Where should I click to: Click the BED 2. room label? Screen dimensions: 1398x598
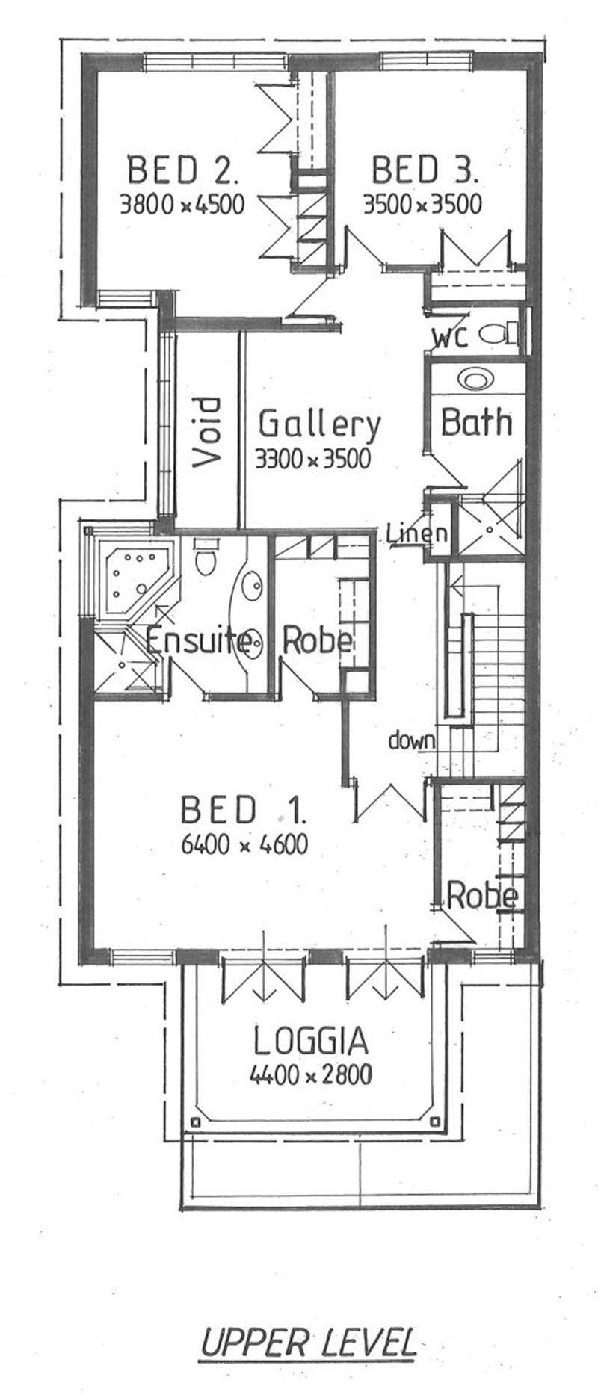click(x=183, y=170)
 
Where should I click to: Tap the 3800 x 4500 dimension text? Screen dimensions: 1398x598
click(x=182, y=204)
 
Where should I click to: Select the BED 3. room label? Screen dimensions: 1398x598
click(x=424, y=170)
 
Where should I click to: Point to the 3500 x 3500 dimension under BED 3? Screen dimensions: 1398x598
click(x=423, y=204)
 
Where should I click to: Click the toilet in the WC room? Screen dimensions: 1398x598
click(x=497, y=333)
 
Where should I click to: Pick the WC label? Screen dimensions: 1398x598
click(x=450, y=337)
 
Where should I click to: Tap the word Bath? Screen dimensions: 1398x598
click(x=476, y=422)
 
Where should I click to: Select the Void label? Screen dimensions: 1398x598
click(x=207, y=433)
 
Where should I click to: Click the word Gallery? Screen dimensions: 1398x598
click(x=319, y=424)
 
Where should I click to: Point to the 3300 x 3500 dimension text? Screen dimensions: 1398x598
click(x=312, y=458)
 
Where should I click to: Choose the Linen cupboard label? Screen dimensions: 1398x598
click(x=417, y=533)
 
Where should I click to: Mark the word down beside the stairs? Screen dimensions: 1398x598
click(x=411, y=740)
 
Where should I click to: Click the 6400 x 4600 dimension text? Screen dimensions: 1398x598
click(x=245, y=844)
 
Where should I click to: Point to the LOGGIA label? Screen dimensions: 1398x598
click(x=311, y=1041)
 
